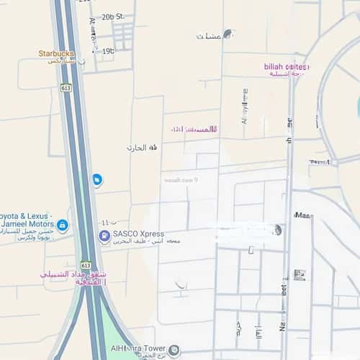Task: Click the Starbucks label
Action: pos(56,53)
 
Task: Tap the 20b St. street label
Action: pos(113,16)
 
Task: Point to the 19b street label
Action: pos(108,51)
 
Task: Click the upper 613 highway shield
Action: pos(66,88)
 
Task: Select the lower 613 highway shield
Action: pos(86,265)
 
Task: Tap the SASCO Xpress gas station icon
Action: pos(104,235)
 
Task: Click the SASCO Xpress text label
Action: pos(141,234)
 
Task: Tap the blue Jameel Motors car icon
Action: pos(63,226)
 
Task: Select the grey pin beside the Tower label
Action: pos(175,350)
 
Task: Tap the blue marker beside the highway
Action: pos(97,180)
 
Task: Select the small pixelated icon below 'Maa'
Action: pos(299,274)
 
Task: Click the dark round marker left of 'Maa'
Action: pos(276,230)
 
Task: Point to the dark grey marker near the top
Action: pos(228,33)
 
